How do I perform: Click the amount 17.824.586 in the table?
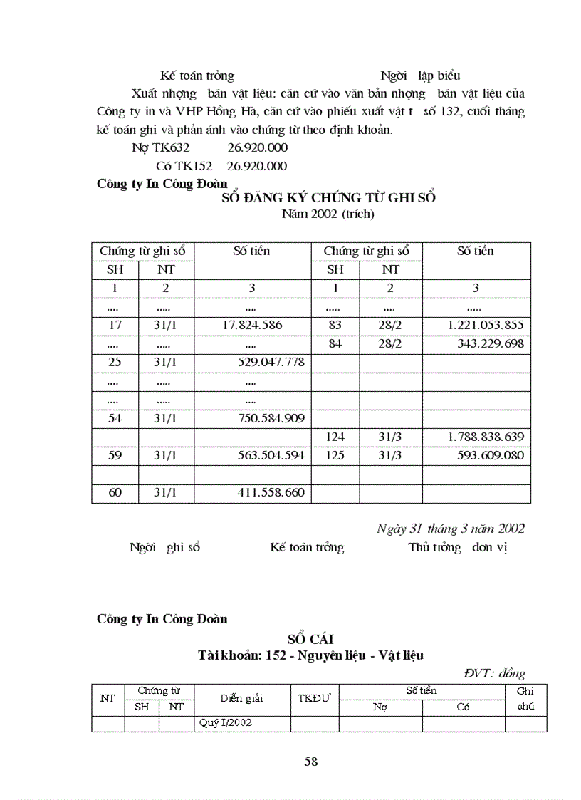[252, 325]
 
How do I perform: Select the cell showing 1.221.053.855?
[486, 325]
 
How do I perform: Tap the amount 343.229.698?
[491, 343]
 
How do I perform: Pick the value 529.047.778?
[271, 362]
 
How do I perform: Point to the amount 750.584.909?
[271, 418]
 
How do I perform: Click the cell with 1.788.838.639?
[486, 437]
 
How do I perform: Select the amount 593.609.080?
[491, 455]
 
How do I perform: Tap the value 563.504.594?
[271, 455]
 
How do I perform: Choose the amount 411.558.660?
[271, 492]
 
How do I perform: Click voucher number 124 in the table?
[335, 437]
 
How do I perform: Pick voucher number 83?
[335, 325]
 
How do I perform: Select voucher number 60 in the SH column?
[115, 492]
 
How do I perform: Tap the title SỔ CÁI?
[310, 640]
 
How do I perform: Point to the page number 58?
[310, 762]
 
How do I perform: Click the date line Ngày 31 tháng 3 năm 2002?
[450, 529]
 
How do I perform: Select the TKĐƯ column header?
[314, 698]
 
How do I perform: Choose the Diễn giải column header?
[241, 698]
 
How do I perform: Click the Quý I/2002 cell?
[225, 723]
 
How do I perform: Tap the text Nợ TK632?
[161, 148]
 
